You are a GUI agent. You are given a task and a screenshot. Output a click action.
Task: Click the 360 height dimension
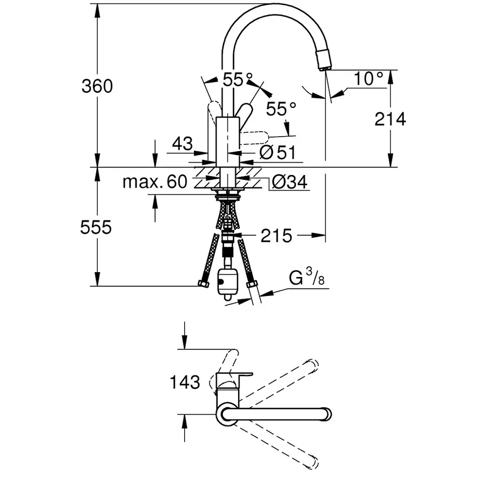tap(97, 85)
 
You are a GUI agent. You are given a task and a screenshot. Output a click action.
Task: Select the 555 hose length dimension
tap(97, 227)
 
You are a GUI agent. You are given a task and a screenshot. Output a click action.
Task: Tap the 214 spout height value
tap(390, 119)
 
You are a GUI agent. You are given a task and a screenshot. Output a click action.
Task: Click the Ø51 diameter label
tap(278, 153)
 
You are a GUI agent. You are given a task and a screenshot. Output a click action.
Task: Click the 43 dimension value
tap(183, 144)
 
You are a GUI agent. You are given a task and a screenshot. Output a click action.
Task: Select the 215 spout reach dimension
tap(276, 235)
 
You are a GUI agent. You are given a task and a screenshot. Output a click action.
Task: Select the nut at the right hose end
tap(251, 285)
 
